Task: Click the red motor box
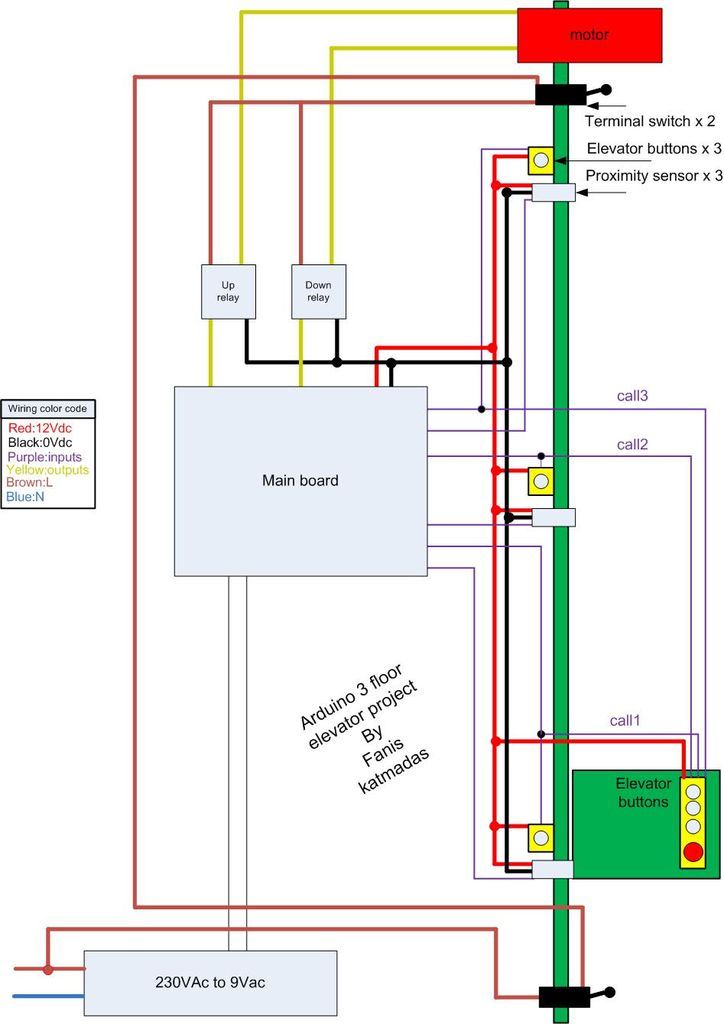tap(588, 34)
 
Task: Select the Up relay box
tap(229, 291)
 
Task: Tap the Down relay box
tap(318, 291)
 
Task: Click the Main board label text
tap(300, 480)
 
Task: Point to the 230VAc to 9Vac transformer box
tap(209, 982)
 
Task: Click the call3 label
tap(632, 396)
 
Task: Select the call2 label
tap(632, 444)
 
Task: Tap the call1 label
tap(625, 720)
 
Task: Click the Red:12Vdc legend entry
tap(39, 428)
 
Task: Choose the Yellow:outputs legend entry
tap(47, 469)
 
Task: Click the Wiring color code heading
tap(48, 409)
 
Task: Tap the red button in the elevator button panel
tap(692, 853)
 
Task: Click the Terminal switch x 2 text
tap(649, 122)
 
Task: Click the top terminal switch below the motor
tap(566, 95)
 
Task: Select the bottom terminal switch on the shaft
tap(569, 996)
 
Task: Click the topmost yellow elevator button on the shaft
tap(540, 159)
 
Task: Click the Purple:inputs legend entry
tap(44, 455)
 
